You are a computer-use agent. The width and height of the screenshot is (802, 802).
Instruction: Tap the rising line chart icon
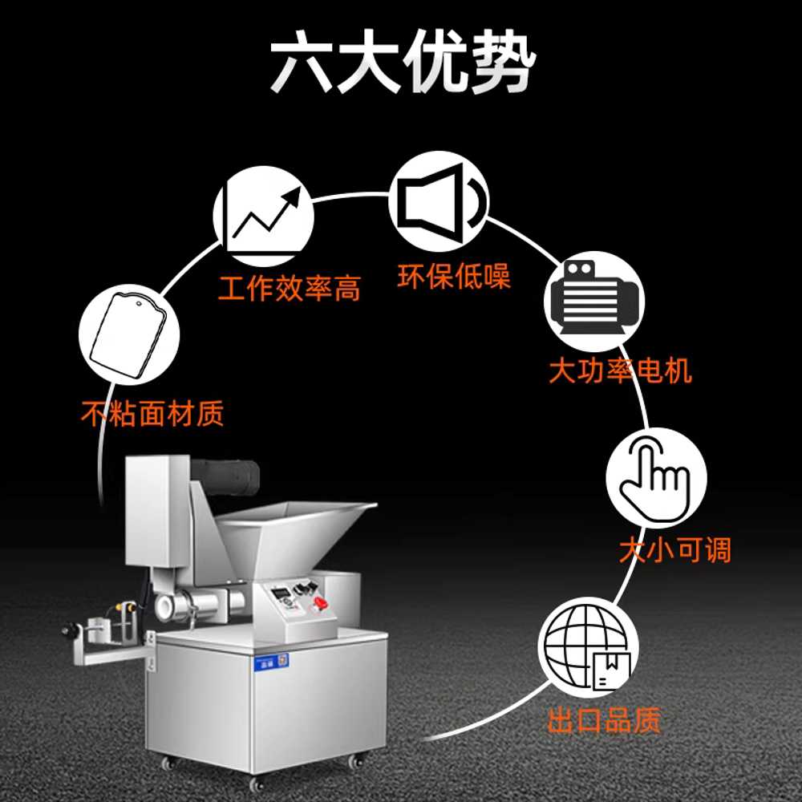point(263,216)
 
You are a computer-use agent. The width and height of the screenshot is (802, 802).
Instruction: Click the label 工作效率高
point(290,289)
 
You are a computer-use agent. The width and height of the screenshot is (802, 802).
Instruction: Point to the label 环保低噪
point(454,277)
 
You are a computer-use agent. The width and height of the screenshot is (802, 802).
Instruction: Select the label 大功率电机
point(621,371)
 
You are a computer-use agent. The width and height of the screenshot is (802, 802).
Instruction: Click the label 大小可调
point(675,550)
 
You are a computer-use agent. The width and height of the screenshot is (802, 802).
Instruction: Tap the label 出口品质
point(604,720)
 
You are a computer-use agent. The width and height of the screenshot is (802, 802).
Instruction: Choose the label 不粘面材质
point(152,413)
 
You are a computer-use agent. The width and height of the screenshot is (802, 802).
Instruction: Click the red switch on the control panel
point(320,603)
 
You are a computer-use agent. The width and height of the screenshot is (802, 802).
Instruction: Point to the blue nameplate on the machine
point(272,662)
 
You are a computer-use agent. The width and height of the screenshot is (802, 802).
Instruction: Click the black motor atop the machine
point(225,476)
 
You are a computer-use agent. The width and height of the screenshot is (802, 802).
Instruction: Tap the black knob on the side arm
point(68,630)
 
